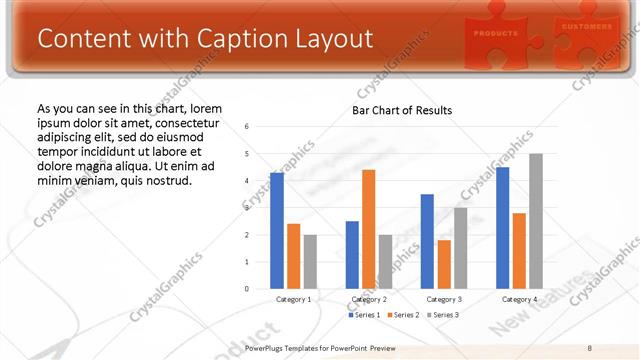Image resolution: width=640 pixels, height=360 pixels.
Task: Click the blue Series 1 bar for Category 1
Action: [277, 231]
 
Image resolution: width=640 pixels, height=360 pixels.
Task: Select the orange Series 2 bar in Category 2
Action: [368, 229]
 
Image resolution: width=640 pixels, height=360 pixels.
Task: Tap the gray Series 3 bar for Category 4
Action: [536, 221]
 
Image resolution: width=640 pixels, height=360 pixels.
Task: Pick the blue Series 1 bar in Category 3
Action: [427, 241]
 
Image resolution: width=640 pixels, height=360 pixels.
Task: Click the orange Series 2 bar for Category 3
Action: [444, 264]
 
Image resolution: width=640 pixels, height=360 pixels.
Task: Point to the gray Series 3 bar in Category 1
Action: [310, 262]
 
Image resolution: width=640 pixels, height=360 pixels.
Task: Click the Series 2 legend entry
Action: [404, 315]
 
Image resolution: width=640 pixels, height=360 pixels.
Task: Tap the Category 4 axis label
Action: [518, 299]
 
